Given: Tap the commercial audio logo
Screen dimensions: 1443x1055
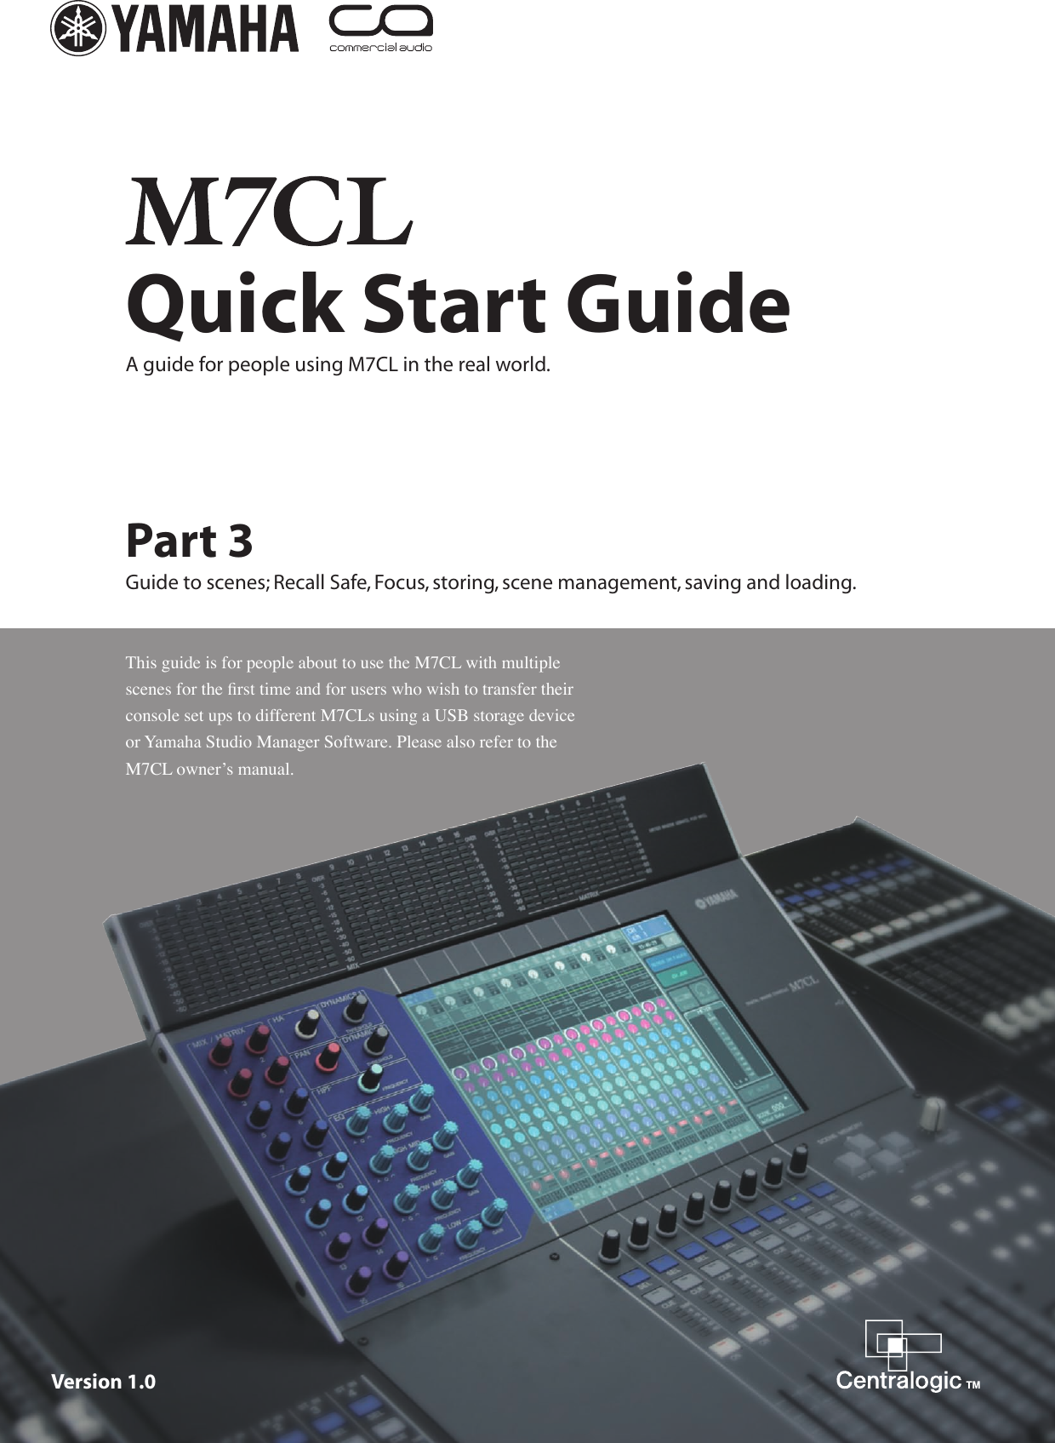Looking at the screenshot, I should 380,30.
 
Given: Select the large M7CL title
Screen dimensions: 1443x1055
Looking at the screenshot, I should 269,212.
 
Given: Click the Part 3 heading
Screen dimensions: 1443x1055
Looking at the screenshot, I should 189,541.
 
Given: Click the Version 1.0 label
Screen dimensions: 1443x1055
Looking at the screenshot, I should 104,1382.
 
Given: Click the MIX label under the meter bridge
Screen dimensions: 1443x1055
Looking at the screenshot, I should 352,968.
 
